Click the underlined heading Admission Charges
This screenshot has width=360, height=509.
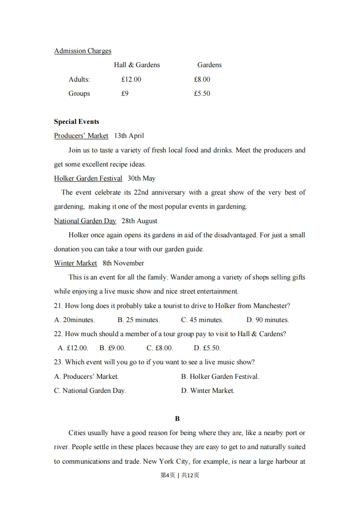pyautogui.click(x=83, y=51)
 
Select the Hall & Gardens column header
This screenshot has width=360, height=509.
pyautogui.click(x=137, y=65)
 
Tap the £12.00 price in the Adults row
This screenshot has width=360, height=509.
pyautogui.click(x=131, y=79)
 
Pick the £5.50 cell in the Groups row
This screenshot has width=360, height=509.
pyautogui.click(x=202, y=93)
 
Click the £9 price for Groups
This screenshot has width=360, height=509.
pyautogui.click(x=125, y=93)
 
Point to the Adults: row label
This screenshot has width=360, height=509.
pyautogui.click(x=79, y=79)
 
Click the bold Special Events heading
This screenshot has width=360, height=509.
pyautogui.click(x=76, y=122)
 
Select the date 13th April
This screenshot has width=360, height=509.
pyautogui.click(x=129, y=136)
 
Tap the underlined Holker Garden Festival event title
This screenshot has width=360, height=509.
pyautogui.click(x=88, y=178)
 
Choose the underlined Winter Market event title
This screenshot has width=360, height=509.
pyautogui.click(x=75, y=263)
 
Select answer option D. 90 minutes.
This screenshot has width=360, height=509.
pyautogui.click(x=267, y=320)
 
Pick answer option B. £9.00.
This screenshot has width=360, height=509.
pyautogui.click(x=112, y=348)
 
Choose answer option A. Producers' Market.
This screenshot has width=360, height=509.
pyautogui.click(x=86, y=377)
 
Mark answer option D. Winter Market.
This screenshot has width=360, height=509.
pyautogui.click(x=207, y=391)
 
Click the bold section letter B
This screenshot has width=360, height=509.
pyautogui.click(x=178, y=419)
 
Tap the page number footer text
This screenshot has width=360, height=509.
pyautogui.click(x=180, y=475)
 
